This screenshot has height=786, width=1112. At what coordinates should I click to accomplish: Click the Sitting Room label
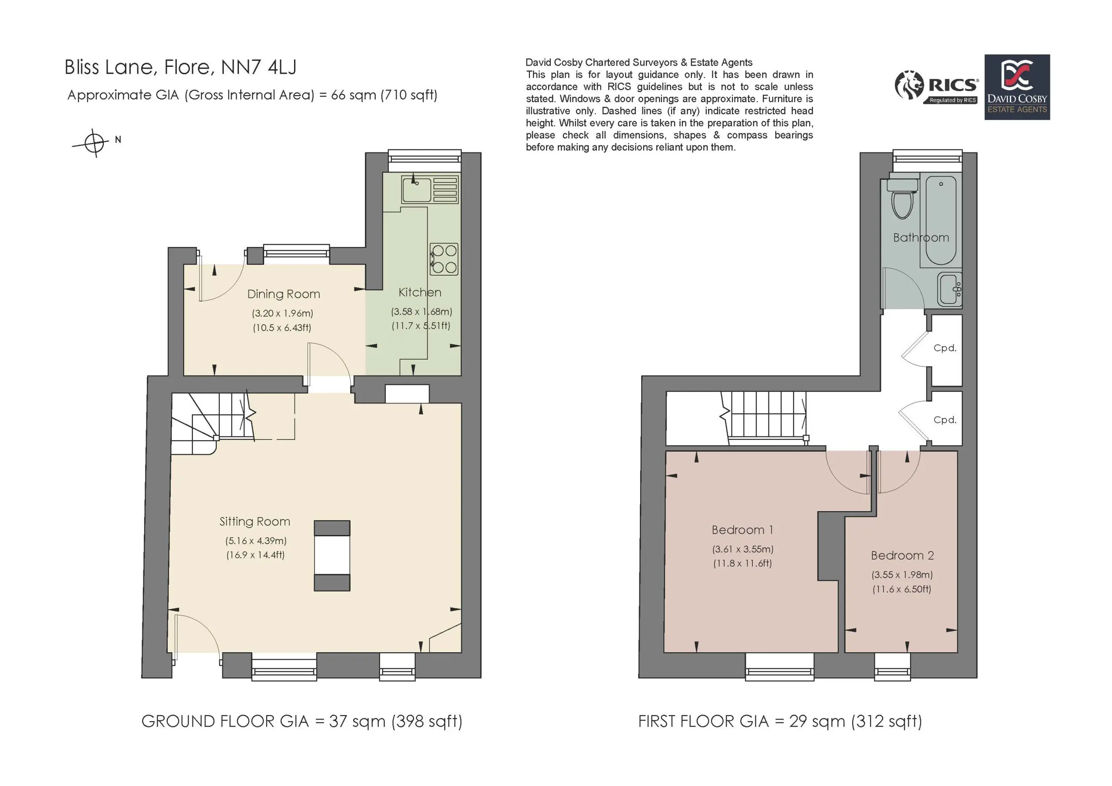click(255, 522)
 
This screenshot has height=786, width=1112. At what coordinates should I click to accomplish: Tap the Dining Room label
click(283, 294)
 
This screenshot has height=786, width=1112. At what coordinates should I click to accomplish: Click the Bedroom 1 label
click(742, 530)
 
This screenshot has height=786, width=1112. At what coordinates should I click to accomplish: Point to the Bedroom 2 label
click(902, 555)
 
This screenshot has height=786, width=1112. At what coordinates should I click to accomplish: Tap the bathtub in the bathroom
click(941, 220)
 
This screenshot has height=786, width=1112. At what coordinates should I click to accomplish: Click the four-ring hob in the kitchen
click(444, 259)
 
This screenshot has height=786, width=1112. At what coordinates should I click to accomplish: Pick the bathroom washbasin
click(949, 290)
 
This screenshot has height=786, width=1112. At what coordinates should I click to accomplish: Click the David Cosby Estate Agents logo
click(1017, 87)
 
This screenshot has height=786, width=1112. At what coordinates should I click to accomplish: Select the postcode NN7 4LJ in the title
click(258, 67)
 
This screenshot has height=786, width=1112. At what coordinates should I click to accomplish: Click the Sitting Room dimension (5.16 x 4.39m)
click(256, 541)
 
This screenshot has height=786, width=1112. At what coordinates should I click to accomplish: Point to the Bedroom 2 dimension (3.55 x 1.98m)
click(902, 575)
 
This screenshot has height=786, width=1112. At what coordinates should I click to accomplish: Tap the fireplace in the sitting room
click(332, 555)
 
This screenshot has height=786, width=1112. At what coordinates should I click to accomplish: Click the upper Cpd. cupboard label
click(945, 348)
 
